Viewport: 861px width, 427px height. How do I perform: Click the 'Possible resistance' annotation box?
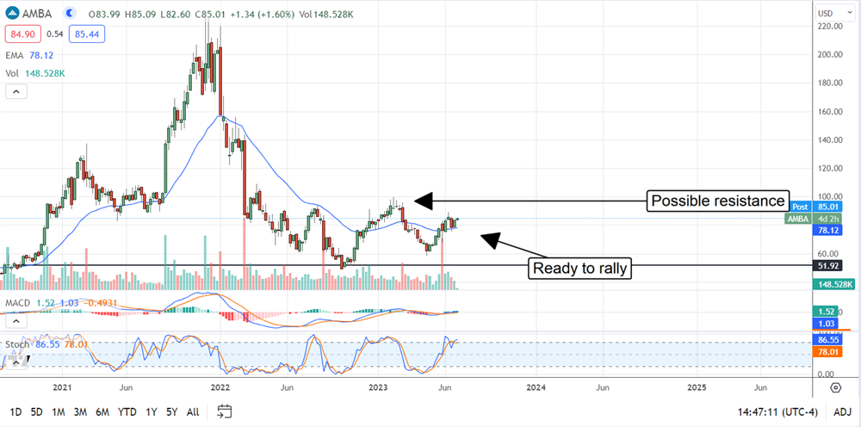718,201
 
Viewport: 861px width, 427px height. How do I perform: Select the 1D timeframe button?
15,412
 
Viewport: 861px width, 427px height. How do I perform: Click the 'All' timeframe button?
193,412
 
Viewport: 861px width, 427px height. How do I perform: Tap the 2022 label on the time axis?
220,388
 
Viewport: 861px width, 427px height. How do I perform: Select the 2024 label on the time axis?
536,388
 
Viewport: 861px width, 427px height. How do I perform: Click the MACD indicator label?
19,304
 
